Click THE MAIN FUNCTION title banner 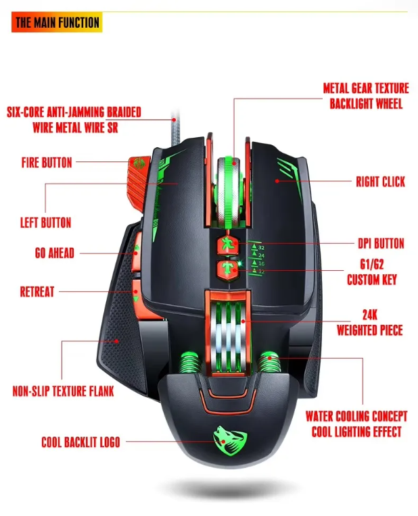[57, 22]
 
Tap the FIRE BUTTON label [47, 163]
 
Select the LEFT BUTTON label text [45, 223]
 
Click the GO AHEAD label [54, 254]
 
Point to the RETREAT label [37, 292]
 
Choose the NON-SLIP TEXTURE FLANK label [63, 391]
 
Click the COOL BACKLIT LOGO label [80, 442]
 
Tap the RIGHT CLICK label [380, 182]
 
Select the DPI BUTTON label [380, 244]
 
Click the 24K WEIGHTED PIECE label [369, 323]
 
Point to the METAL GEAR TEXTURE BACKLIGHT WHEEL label [365, 96]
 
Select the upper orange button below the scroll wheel [227, 245]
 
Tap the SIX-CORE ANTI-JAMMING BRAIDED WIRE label [74, 120]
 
